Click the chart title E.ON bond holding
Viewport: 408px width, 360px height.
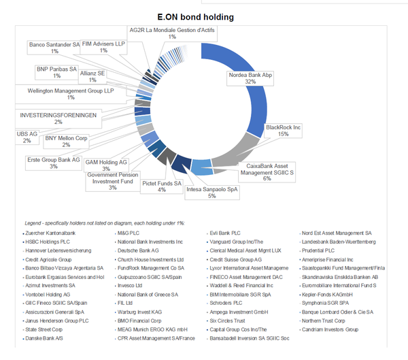click(203, 16)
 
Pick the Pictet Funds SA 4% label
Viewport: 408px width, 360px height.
click(162, 186)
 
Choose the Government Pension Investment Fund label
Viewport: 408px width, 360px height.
click(112, 180)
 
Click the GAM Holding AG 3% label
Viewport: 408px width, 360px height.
click(106, 165)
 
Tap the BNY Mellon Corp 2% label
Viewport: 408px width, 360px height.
click(66, 141)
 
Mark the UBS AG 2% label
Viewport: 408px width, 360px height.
click(27, 137)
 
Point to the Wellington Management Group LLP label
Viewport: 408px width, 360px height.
click(70, 93)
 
